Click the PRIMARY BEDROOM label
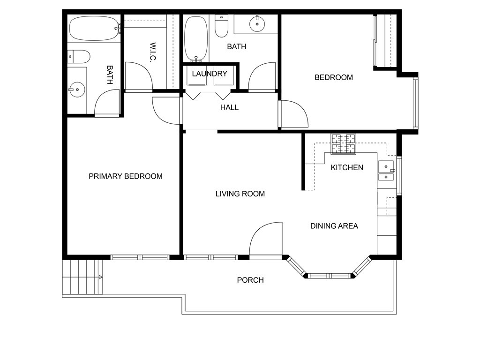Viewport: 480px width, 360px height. pyautogui.click(x=126, y=176)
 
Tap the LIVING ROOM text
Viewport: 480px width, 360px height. pyautogui.click(x=240, y=194)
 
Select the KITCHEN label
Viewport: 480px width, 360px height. pyautogui.click(x=347, y=167)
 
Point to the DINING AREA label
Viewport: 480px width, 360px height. pyautogui.click(x=334, y=226)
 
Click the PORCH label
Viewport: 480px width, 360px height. pyautogui.click(x=250, y=280)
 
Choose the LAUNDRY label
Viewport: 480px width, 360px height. pyautogui.click(x=210, y=74)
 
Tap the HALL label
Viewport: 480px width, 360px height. pyautogui.click(x=229, y=107)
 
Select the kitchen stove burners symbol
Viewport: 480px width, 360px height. pyautogui.click(x=344, y=144)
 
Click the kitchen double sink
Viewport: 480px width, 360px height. pyautogui.click(x=386, y=171)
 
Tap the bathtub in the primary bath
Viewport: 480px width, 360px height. pyautogui.click(x=94, y=29)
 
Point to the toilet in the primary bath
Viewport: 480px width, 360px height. pyautogui.click(x=78, y=57)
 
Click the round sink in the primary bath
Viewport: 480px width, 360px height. pyautogui.click(x=77, y=89)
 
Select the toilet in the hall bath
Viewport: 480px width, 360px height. pyautogui.click(x=221, y=26)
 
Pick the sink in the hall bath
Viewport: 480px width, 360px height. pyautogui.click(x=257, y=22)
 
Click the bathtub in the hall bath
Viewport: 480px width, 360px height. pyautogui.click(x=195, y=38)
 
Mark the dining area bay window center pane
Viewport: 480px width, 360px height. pyautogui.click(x=329, y=276)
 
